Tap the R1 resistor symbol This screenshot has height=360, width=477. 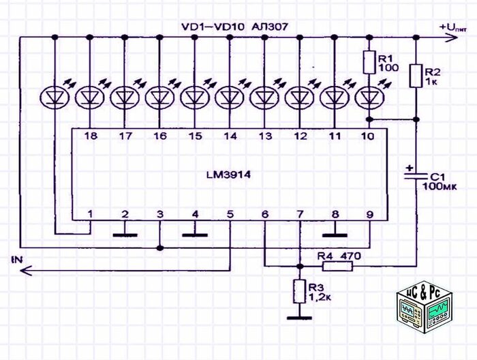(368, 62)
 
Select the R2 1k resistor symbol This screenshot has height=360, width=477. (416, 76)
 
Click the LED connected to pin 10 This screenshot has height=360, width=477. (369, 97)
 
